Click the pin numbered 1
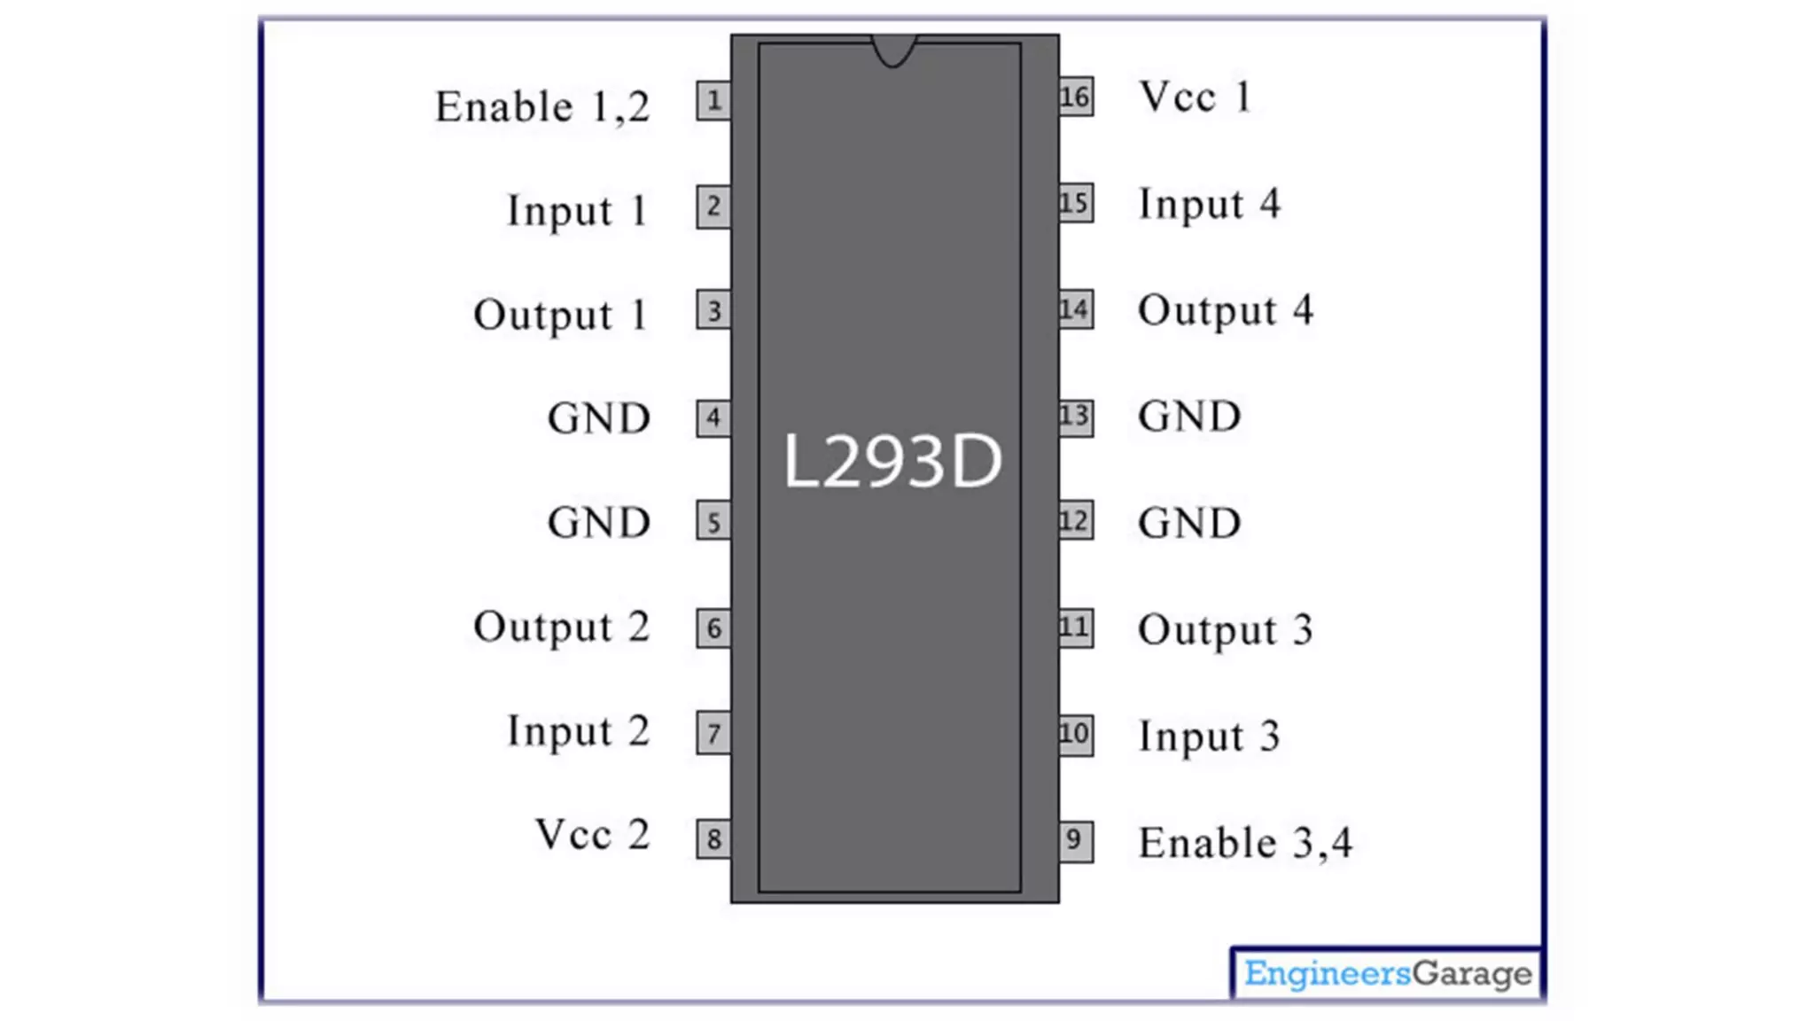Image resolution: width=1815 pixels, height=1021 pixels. click(x=713, y=101)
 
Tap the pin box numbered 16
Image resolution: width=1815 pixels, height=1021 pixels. click(x=1076, y=97)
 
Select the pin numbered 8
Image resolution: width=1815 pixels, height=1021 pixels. click(x=713, y=838)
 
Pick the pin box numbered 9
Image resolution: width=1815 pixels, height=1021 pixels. click(x=1076, y=840)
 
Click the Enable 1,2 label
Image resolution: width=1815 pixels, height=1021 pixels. click(x=542, y=107)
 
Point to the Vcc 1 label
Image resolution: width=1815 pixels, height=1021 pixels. click(x=1195, y=97)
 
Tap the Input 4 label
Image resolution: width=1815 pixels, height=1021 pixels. click(x=1209, y=205)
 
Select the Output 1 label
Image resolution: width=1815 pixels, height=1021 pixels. click(x=560, y=316)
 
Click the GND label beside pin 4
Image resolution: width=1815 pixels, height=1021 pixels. click(x=599, y=418)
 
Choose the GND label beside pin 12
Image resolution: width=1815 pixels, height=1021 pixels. click(x=1189, y=523)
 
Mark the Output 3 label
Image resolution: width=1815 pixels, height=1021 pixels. click(x=1225, y=630)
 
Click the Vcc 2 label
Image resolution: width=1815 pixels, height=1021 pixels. click(x=592, y=835)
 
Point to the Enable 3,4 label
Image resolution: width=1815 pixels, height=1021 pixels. click(x=1245, y=843)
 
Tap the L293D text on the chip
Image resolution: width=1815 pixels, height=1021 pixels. click(x=892, y=461)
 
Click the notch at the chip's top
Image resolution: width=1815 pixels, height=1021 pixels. click(x=893, y=50)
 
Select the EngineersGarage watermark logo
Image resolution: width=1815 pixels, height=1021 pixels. click(x=1387, y=973)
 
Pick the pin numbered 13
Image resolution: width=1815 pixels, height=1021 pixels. click(x=1076, y=416)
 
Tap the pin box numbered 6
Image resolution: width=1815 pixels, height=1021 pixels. click(x=713, y=628)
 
